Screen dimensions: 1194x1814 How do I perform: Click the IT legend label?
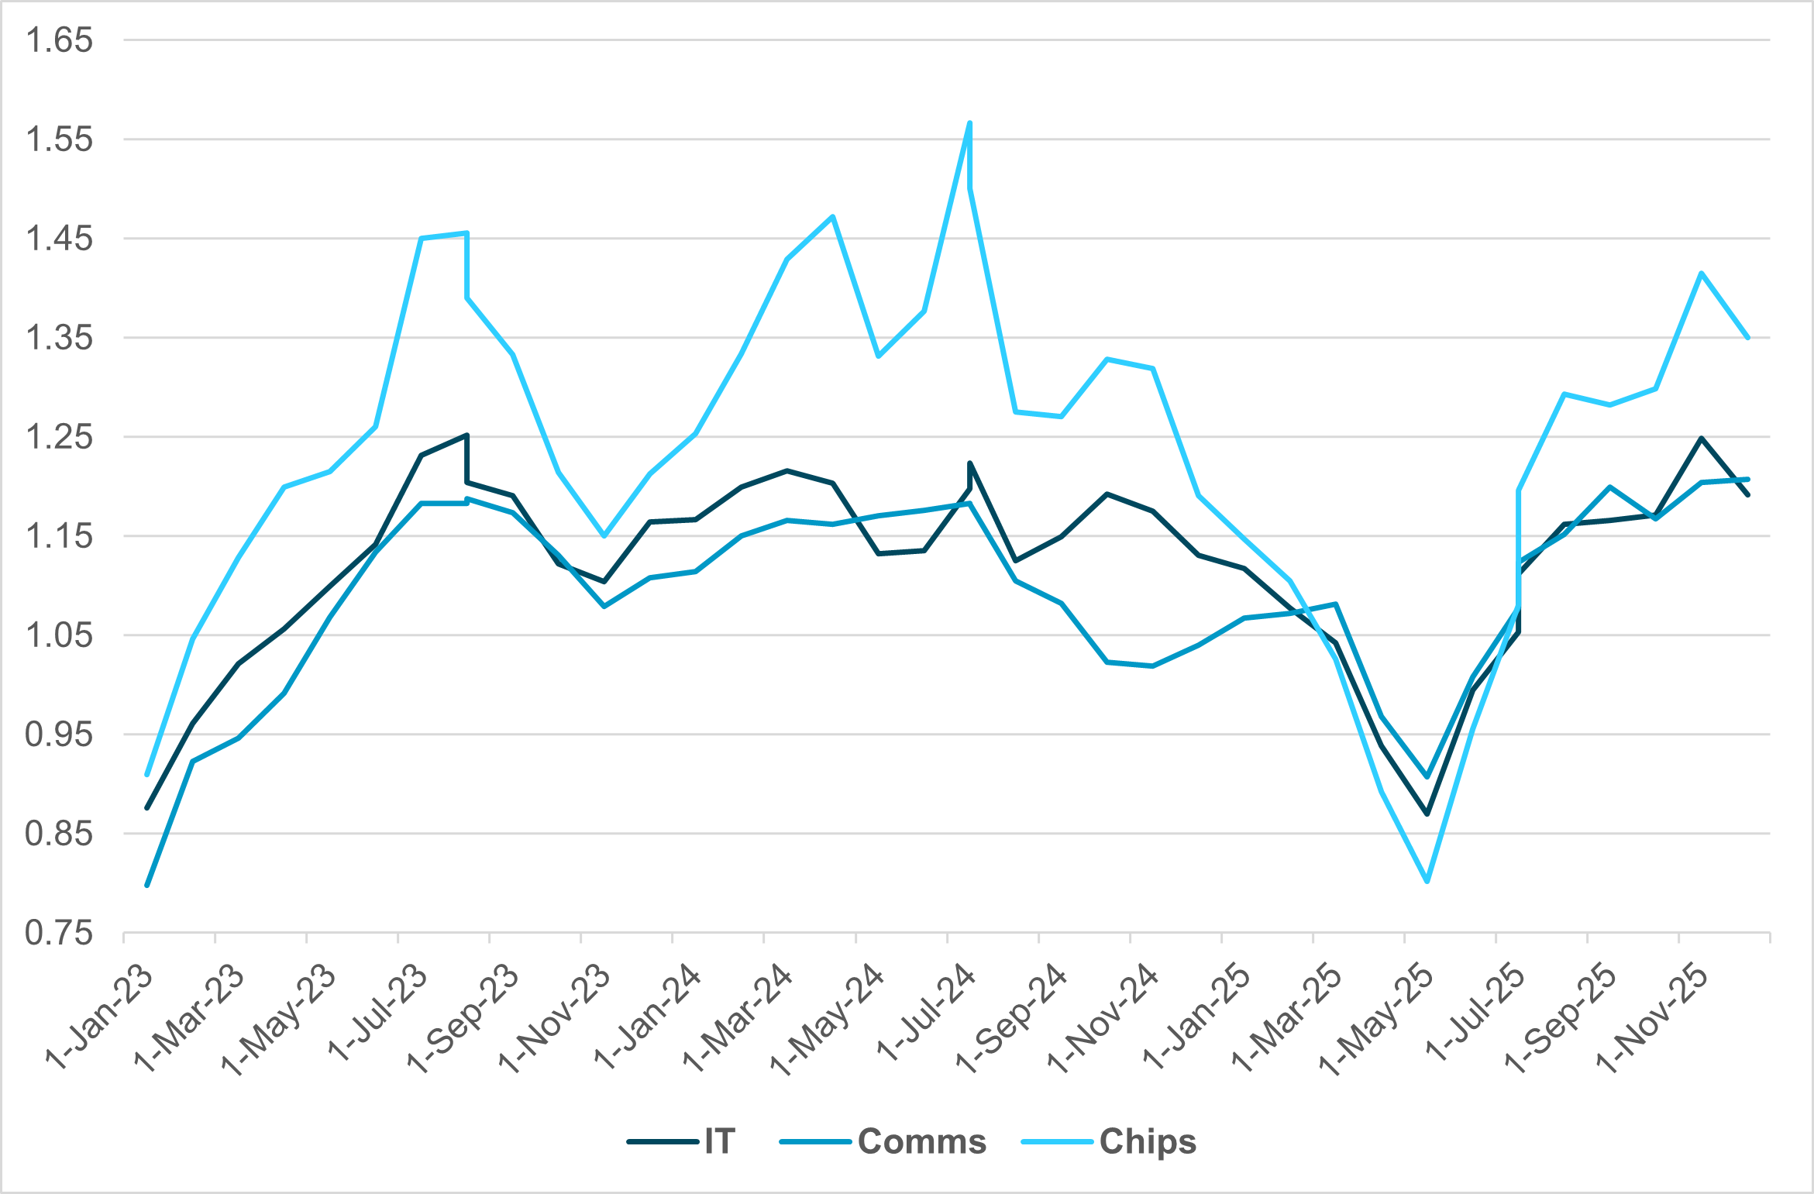719,1141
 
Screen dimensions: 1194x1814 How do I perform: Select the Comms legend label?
921,1141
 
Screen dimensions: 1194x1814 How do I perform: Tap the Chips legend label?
1148,1141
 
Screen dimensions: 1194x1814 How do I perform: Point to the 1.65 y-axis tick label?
59,40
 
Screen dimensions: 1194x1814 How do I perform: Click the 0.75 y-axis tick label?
59,933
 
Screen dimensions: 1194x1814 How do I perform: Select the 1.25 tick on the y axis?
59,437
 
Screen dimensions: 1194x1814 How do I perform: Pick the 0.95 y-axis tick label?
59,735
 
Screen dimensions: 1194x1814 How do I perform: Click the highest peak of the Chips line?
970,122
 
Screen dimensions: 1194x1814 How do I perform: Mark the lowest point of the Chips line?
1427,882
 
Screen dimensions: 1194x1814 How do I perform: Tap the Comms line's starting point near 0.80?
147,885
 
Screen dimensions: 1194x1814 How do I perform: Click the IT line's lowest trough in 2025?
1427,814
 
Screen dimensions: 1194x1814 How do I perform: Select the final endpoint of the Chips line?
1748,338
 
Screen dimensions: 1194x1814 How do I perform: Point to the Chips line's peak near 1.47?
833,216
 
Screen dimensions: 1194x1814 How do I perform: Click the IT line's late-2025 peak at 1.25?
1701,438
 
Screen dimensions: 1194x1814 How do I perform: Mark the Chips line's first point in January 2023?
147,774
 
